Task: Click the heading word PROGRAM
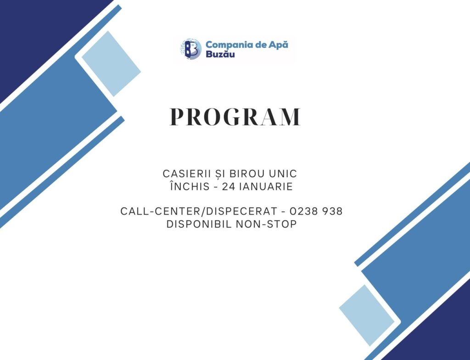click(235, 117)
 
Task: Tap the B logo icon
click(190, 49)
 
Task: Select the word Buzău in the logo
click(218, 55)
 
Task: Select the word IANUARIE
click(266, 187)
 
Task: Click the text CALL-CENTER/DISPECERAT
click(198, 211)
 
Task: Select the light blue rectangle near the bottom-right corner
click(366, 315)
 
